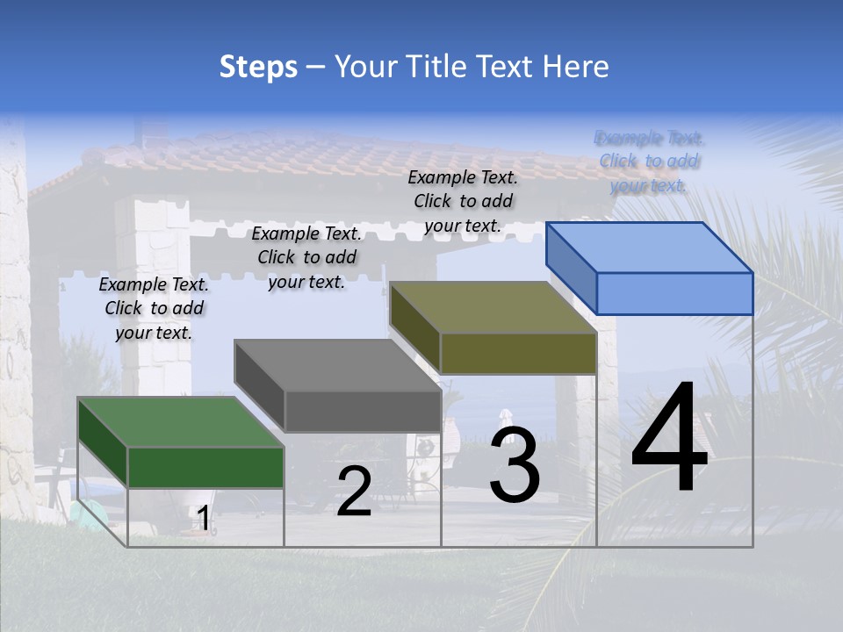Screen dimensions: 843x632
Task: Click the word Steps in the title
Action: pos(258,67)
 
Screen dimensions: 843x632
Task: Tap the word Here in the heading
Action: pos(575,67)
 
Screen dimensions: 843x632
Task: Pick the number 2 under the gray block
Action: pos(354,492)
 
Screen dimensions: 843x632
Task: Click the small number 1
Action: pos(204,519)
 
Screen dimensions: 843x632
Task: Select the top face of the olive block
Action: pos(493,307)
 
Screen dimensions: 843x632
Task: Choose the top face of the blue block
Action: pos(649,248)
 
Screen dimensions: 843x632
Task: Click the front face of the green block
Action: pos(205,467)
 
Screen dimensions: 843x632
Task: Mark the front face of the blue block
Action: pos(674,293)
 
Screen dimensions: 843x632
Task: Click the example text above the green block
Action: pos(154,308)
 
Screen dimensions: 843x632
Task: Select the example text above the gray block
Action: pos(306,257)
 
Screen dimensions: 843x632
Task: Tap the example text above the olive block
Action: pos(463,201)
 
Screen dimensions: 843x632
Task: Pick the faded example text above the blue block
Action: pos(649,162)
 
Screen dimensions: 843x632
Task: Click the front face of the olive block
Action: pos(518,353)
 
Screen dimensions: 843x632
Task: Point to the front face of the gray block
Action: pos(362,411)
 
